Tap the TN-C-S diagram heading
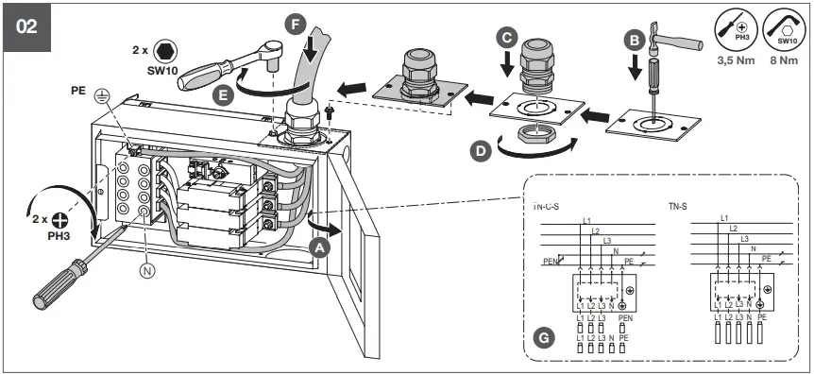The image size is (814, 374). tap(541, 203)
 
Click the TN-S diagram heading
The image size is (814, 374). tap(680, 204)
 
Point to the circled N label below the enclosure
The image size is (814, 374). tap(146, 267)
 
